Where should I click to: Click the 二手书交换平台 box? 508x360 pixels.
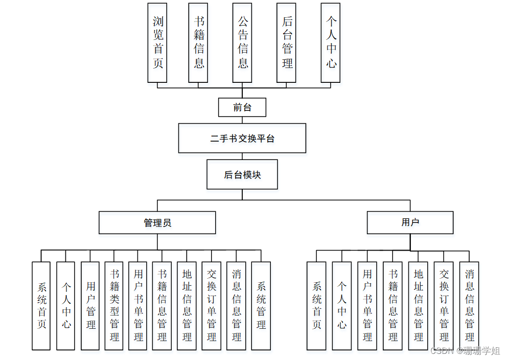click(242, 138)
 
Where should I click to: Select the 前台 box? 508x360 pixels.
click(242, 107)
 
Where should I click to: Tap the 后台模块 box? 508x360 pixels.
click(242, 174)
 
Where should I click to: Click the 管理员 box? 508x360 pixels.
click(157, 222)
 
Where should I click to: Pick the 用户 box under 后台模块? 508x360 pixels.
click(410, 222)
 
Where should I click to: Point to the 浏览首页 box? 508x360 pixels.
click(157, 42)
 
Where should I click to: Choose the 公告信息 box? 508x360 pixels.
click(242, 42)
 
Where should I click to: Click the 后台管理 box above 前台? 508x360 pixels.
click(287, 42)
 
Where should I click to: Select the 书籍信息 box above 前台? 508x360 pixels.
click(198, 42)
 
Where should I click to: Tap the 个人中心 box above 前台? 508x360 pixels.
click(331, 42)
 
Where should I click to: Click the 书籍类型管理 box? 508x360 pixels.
click(114, 306)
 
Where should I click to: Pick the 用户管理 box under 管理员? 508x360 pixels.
click(90, 306)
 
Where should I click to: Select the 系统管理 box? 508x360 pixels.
click(261, 306)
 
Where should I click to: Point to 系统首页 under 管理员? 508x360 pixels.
click(41, 306)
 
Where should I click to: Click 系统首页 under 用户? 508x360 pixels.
click(316, 306)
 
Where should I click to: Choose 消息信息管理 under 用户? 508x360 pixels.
click(469, 306)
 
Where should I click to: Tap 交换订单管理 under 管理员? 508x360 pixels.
click(212, 306)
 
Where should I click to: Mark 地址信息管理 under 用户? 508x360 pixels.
click(418, 306)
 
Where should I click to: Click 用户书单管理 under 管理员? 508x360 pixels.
click(138, 306)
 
